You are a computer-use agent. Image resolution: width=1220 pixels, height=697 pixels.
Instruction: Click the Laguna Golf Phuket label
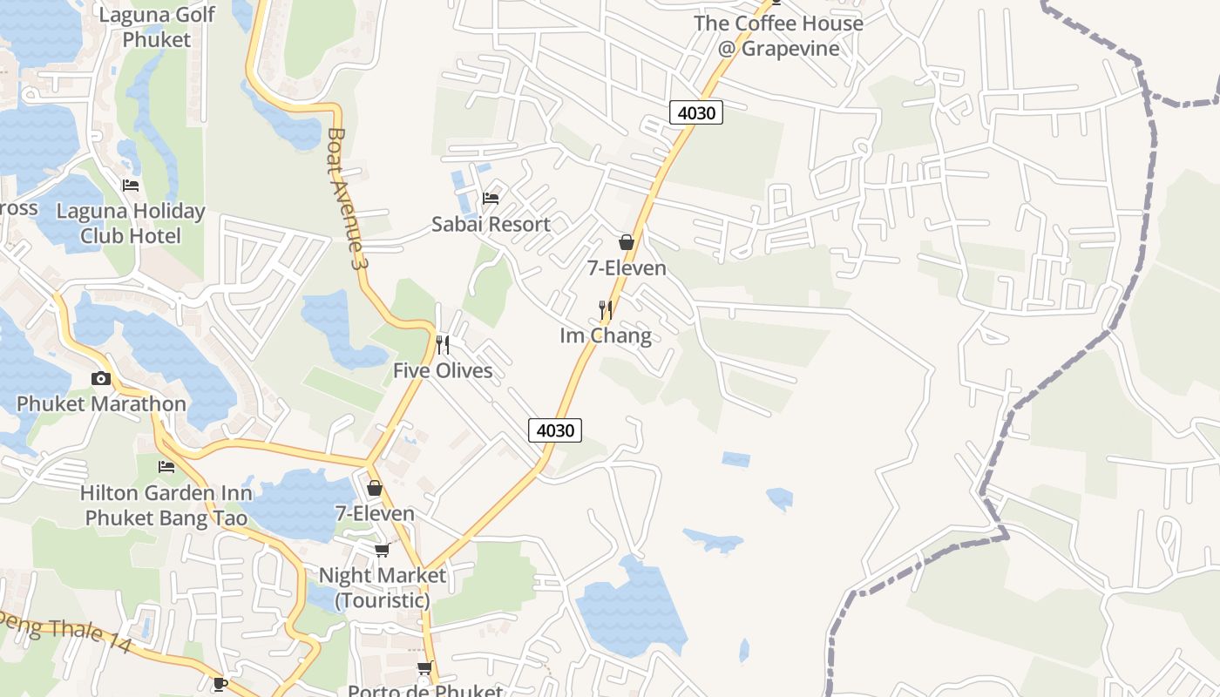157,27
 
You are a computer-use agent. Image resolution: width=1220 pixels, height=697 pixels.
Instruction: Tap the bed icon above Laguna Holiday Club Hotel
131,185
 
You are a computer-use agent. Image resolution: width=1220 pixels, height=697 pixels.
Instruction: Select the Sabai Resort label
491,224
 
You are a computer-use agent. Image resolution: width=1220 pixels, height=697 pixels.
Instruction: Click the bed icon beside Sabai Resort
491,198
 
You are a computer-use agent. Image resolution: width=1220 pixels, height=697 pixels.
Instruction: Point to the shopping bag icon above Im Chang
626,241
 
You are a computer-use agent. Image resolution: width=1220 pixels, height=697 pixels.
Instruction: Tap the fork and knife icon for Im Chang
606,309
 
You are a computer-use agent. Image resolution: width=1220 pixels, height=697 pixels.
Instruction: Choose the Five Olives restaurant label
443,370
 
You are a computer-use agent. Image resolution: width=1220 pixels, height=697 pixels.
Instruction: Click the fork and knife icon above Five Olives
443,345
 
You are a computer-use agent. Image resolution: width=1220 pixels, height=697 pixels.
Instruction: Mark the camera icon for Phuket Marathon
101,378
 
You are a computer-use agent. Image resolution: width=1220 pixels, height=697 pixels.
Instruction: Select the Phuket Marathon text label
101,403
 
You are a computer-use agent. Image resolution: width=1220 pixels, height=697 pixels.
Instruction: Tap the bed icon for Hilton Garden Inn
166,467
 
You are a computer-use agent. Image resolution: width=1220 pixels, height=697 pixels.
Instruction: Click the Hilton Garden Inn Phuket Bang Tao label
166,505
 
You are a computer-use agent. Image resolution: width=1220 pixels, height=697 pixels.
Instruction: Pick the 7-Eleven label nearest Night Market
375,513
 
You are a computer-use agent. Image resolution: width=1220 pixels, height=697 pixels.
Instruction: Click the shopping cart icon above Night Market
382,550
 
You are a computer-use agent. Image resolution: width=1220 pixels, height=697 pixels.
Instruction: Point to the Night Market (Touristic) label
382,587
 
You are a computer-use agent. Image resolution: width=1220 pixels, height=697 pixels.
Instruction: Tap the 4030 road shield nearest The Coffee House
696,112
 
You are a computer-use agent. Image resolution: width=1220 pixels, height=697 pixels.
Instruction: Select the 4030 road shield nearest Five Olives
555,430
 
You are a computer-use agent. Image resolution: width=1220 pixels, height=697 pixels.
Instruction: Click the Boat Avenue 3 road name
345,198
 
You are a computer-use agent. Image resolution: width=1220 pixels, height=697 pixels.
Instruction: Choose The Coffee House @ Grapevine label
778,35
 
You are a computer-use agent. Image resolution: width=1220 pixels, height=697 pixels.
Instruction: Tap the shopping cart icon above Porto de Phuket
424,668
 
